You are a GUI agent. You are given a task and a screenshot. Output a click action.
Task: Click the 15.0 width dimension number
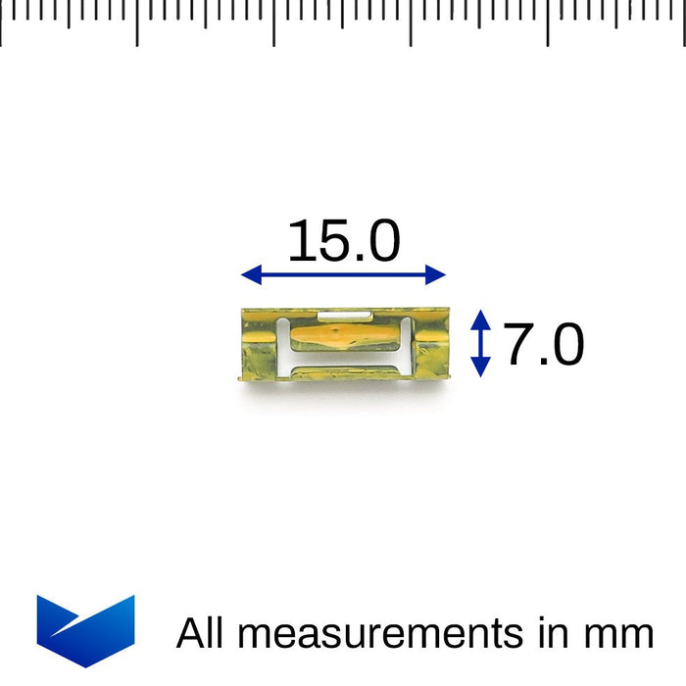click(x=344, y=240)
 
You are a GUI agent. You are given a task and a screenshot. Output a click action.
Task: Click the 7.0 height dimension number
click(x=544, y=344)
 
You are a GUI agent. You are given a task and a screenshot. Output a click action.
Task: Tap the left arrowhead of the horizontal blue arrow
click(x=252, y=274)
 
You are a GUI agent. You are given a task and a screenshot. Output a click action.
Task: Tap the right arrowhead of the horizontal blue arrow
click(x=435, y=274)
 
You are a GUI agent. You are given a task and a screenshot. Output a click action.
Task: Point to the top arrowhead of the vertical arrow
click(x=480, y=319)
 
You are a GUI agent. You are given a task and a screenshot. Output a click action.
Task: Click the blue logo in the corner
click(x=86, y=631)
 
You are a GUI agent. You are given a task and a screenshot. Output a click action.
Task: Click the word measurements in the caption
click(x=380, y=633)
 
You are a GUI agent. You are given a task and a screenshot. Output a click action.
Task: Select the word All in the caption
click(x=200, y=632)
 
